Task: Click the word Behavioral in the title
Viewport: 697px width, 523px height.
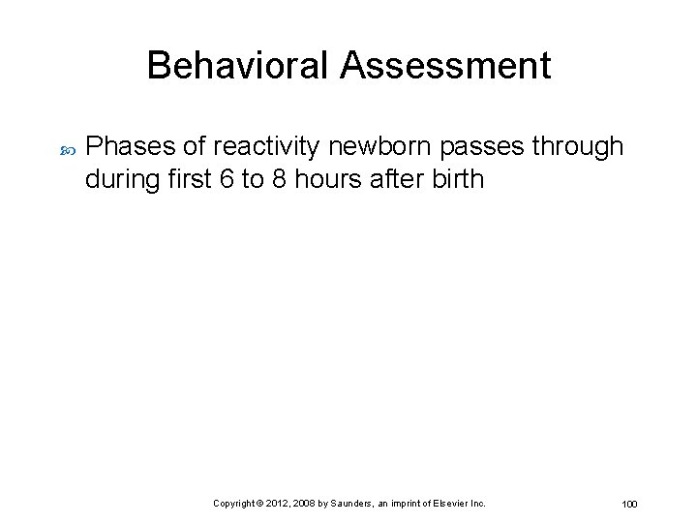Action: [237, 66]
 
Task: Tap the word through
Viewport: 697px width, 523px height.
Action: [577, 147]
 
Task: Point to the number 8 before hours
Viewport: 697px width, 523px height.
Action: [279, 179]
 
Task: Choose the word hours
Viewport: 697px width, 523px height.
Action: [324, 179]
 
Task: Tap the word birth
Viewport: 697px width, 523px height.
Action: [455, 179]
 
